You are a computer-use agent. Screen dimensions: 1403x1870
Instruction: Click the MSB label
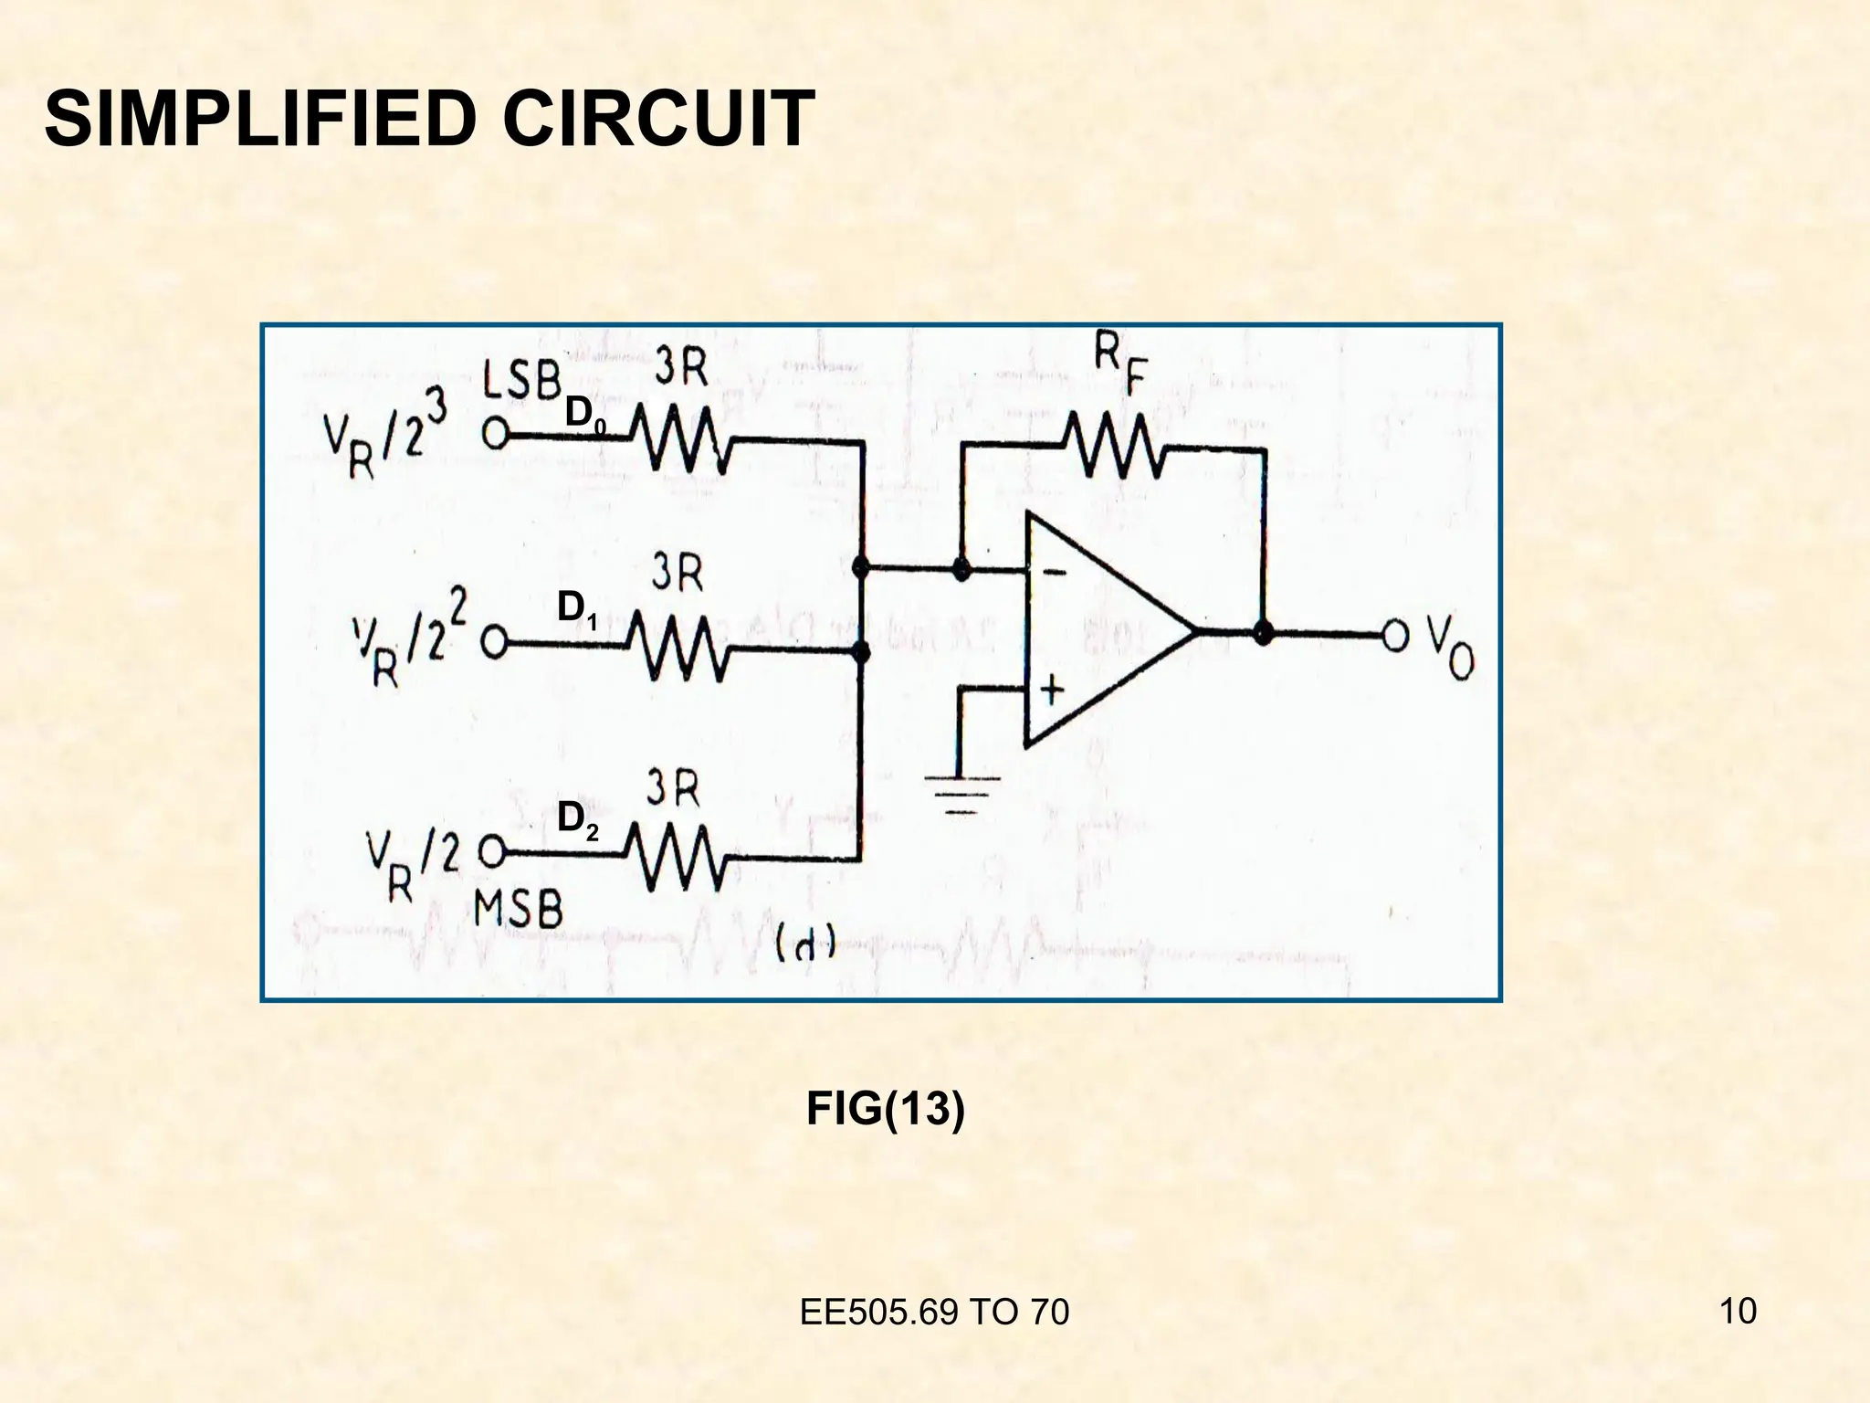point(518,911)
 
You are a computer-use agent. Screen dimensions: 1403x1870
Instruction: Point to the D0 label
point(585,414)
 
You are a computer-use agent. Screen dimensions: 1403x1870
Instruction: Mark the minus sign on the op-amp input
point(1053,573)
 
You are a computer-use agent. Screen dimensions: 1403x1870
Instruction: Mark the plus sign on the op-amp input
point(1052,690)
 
